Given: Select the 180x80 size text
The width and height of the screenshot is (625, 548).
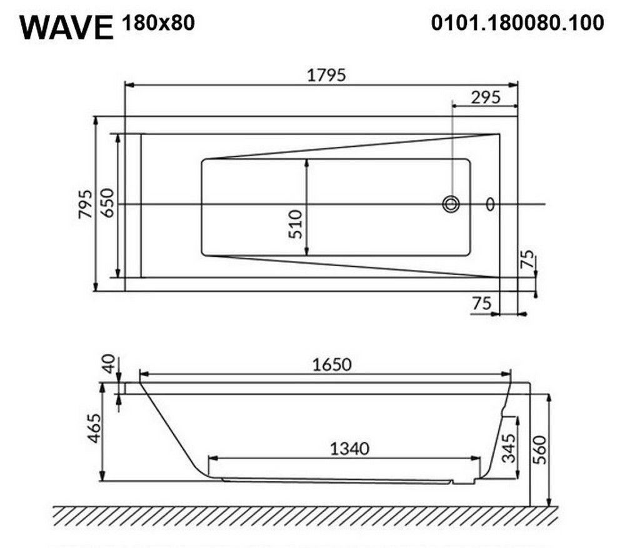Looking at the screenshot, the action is tap(158, 22).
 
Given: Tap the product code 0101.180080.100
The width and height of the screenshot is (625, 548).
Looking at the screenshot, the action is tap(517, 22).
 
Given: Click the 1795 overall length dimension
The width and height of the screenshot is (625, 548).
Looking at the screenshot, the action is tap(326, 75).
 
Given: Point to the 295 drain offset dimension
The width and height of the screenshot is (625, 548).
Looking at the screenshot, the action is tap(486, 97).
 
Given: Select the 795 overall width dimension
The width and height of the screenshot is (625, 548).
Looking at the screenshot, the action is tap(85, 204).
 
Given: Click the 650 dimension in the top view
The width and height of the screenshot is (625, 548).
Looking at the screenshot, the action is tap(107, 203).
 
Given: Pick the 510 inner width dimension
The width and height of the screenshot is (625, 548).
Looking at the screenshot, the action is tap(296, 224).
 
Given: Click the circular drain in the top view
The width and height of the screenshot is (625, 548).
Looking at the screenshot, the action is tap(451, 204).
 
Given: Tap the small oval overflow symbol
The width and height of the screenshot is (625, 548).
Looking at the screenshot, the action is tap(490, 204).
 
